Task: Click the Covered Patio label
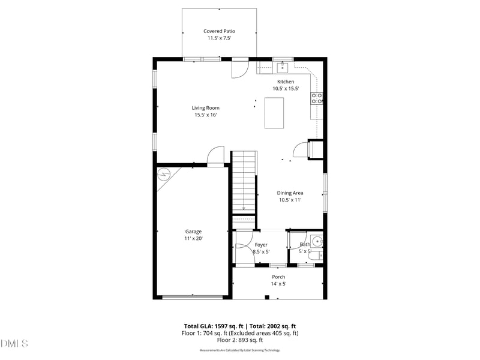pyautogui.click(x=219, y=31)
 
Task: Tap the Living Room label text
pyautogui.click(x=205, y=108)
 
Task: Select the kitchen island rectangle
pyautogui.click(x=274, y=113)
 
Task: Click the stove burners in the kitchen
pyautogui.click(x=316, y=98)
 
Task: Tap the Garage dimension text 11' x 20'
pyautogui.click(x=193, y=238)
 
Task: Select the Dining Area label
pyautogui.click(x=290, y=193)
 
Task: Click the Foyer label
pyautogui.click(x=261, y=245)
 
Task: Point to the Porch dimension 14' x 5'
pyautogui.click(x=278, y=284)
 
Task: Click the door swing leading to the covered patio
pyautogui.click(x=239, y=69)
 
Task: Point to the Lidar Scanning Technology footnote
pyautogui.click(x=239, y=350)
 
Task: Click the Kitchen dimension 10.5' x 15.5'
pyautogui.click(x=285, y=88)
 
